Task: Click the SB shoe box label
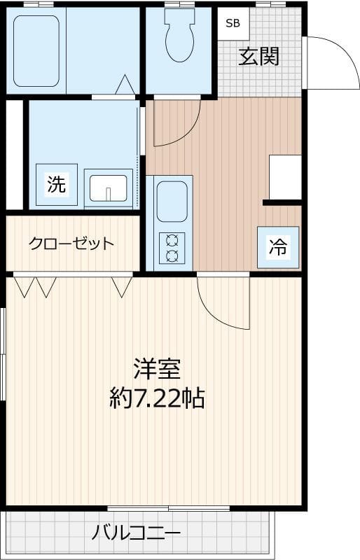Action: point(232,23)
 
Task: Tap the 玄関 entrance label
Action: point(258,56)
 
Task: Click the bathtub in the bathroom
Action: point(36,50)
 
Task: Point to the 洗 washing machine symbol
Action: point(56,185)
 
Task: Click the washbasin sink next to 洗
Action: point(109,188)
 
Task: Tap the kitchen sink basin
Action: point(172,202)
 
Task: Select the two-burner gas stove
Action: point(172,247)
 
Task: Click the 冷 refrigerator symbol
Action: point(278,246)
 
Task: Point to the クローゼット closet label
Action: point(71,244)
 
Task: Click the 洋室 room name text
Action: point(158,369)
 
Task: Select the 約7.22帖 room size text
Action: point(158,398)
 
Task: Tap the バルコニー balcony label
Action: point(137,533)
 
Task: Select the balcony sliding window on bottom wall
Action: point(169,507)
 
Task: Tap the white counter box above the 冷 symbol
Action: point(285,176)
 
